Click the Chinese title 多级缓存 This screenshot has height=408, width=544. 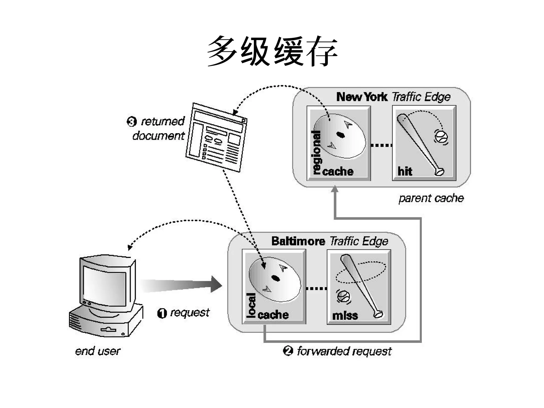point(272,51)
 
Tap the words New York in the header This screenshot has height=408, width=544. point(362,97)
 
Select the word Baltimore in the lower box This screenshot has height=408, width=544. point(298,241)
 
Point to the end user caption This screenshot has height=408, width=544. point(97,351)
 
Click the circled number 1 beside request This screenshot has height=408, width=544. point(162,313)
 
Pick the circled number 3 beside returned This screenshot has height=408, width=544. point(131,122)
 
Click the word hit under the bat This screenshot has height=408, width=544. point(405,171)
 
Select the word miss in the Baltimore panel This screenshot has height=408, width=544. point(345,316)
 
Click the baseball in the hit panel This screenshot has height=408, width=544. point(441,137)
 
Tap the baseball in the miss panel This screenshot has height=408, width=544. point(344,296)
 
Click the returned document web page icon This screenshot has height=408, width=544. point(216,138)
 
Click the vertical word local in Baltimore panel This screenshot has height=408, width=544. point(251,305)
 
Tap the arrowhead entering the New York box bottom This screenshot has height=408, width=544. point(335,189)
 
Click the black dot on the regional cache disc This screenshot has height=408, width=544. point(341,135)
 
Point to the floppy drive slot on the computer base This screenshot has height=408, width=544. point(108,330)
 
